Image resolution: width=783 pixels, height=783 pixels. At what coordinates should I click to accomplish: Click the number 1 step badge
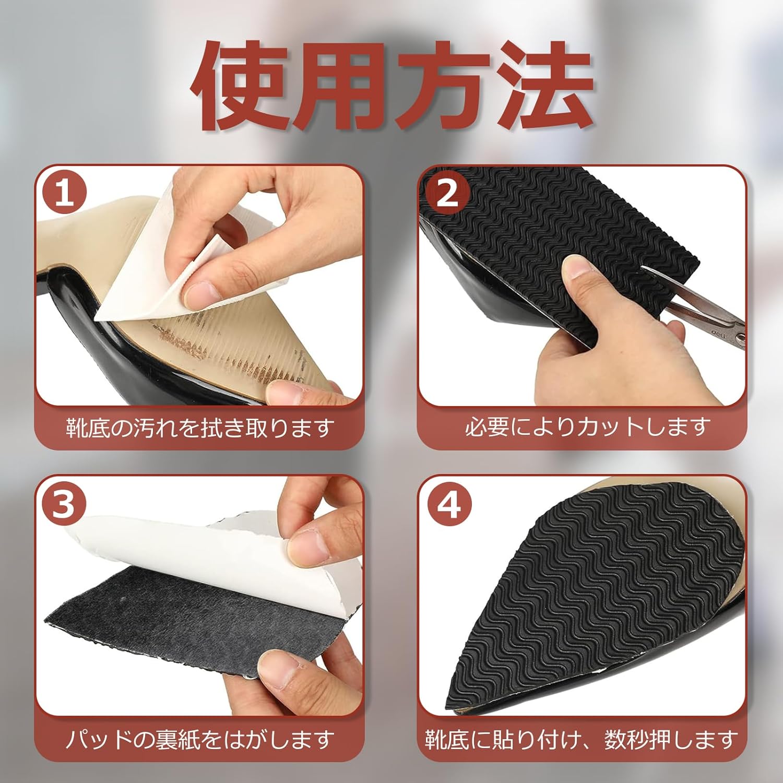65,193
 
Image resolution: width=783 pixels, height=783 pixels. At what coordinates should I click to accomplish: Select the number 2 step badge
447,193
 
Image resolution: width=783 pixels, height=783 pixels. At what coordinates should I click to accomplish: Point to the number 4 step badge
448,504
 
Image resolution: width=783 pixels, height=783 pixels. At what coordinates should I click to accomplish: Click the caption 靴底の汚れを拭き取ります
199,428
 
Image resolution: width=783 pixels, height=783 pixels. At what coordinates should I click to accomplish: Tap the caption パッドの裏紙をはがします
199,739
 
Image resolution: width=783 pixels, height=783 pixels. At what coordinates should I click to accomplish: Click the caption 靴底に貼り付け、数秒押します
582,739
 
